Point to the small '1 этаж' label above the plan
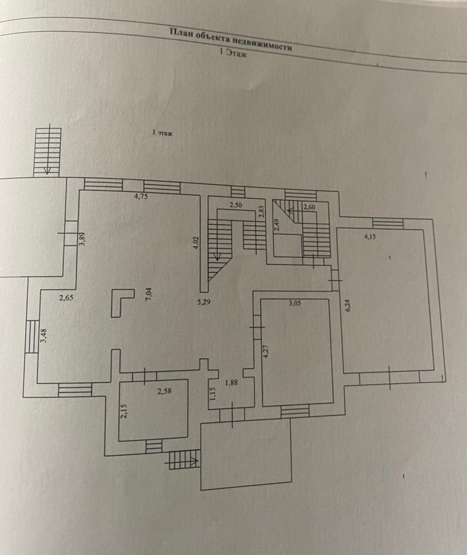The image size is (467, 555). tap(163, 132)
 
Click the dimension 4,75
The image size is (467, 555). tap(141, 197)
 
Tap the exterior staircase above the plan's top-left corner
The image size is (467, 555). tap(48, 151)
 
